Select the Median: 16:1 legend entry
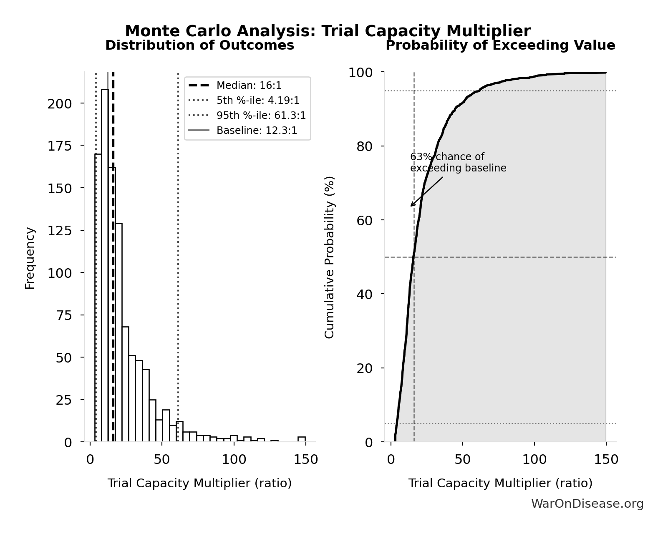249,86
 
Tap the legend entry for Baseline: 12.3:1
257,131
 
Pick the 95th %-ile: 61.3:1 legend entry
261,116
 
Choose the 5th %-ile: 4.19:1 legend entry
257,101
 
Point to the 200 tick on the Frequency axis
59,103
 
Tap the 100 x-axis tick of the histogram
234,460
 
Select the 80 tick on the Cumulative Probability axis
364,146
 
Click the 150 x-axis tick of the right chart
606,460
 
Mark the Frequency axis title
30,258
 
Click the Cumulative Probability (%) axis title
330,257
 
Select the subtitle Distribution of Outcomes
199,45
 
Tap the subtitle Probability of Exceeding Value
500,45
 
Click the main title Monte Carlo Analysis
328,31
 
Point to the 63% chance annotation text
458,163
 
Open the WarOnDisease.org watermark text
587,504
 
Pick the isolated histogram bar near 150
302,439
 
